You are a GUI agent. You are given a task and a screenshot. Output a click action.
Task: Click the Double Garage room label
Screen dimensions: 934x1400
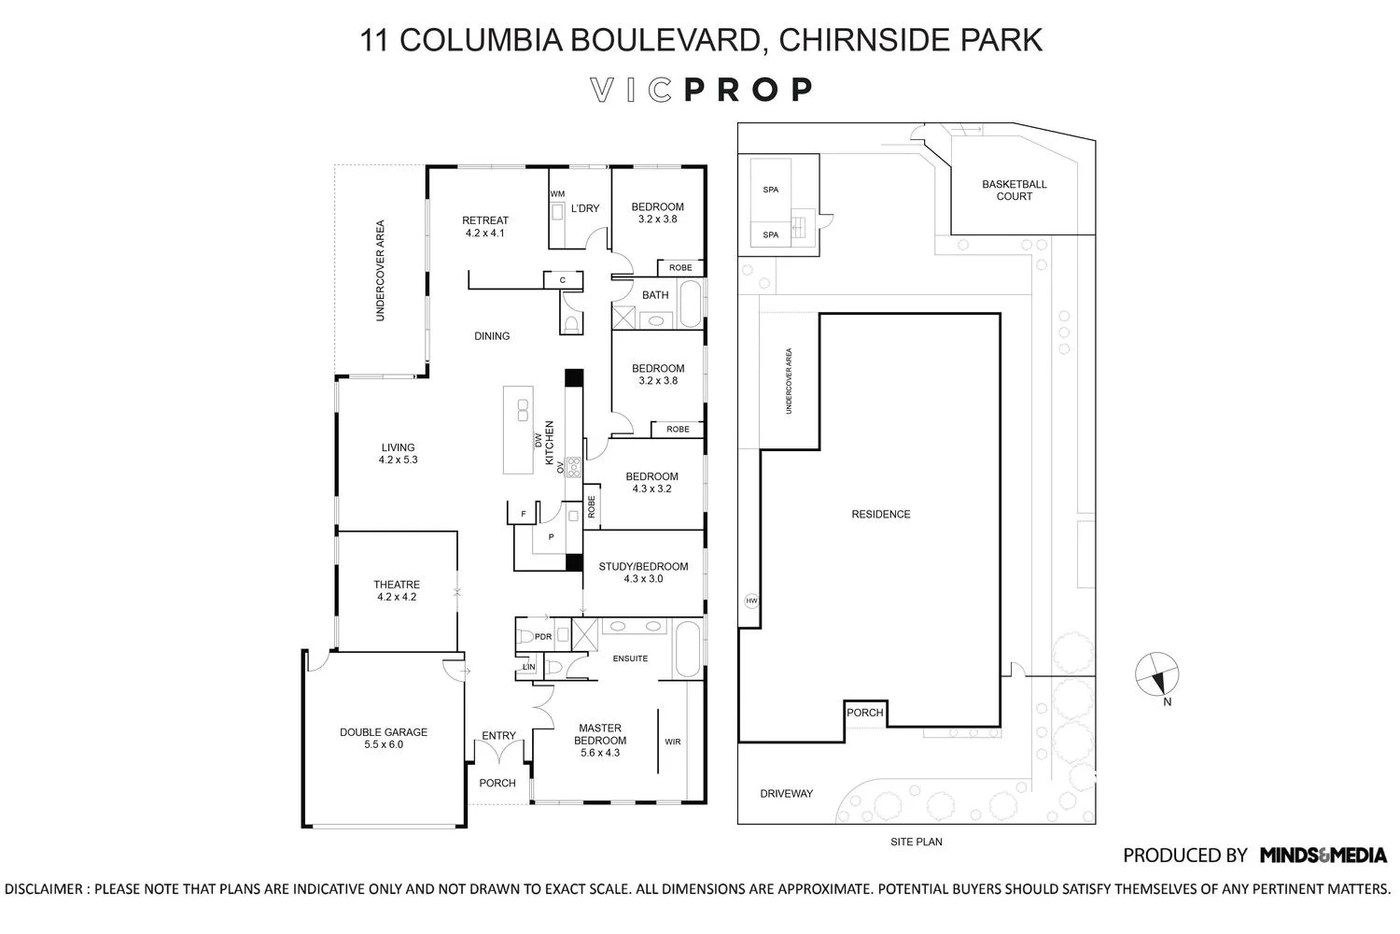(x=383, y=738)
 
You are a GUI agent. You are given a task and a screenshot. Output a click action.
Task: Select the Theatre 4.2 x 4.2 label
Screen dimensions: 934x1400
(x=397, y=590)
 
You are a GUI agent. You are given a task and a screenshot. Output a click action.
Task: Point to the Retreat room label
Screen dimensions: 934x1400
(x=485, y=227)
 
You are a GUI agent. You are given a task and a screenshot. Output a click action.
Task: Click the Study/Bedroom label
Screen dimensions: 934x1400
(x=643, y=572)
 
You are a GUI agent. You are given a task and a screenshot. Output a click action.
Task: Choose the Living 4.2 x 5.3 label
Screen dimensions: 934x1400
(x=397, y=453)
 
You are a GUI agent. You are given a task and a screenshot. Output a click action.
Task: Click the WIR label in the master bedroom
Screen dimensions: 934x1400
(x=672, y=742)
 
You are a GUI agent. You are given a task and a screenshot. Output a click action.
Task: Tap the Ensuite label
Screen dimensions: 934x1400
(x=630, y=658)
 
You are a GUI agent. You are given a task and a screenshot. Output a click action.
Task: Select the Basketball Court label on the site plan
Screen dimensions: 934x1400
(x=1014, y=191)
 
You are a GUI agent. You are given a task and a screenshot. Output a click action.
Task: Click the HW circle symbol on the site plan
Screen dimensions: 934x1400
(x=751, y=601)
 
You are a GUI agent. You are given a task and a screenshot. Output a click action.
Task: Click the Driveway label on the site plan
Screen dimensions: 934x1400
(x=786, y=794)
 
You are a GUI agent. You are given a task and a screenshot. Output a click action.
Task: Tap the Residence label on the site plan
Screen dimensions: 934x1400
(x=880, y=515)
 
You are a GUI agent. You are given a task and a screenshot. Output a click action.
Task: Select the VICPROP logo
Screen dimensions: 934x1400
(x=701, y=90)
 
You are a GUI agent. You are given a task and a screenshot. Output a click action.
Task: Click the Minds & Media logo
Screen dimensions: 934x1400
(x=1323, y=855)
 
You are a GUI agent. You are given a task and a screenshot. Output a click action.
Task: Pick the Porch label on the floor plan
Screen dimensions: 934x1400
(x=497, y=783)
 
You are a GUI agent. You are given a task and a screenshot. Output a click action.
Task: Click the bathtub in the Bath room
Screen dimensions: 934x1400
(x=689, y=304)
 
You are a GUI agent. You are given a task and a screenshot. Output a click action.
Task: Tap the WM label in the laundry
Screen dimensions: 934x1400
(x=557, y=194)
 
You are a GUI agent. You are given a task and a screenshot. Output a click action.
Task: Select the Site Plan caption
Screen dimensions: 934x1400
(x=916, y=842)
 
